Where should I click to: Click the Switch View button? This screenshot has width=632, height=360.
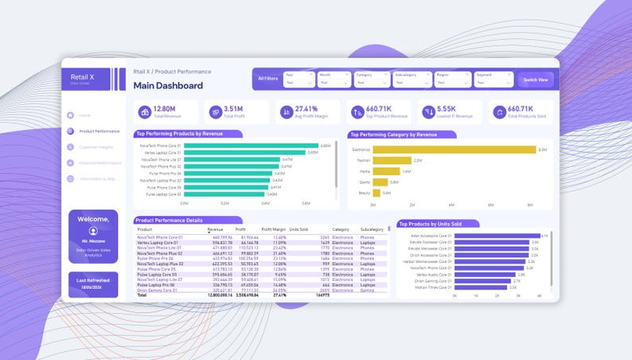click(536, 80)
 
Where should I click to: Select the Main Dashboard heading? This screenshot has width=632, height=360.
click(168, 86)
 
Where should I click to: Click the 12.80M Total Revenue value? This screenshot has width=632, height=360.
click(165, 109)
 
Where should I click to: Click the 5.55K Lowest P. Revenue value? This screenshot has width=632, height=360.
click(447, 109)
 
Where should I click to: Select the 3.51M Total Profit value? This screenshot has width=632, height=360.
click(233, 109)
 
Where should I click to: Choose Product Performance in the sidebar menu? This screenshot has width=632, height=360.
click(99, 131)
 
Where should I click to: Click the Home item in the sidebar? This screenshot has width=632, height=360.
click(85, 115)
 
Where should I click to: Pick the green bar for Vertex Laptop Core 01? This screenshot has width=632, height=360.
click(245, 152)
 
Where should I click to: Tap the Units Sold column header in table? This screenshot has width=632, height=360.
click(299, 229)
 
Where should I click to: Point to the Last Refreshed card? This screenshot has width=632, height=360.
click(93, 284)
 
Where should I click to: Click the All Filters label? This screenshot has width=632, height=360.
click(267, 79)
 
